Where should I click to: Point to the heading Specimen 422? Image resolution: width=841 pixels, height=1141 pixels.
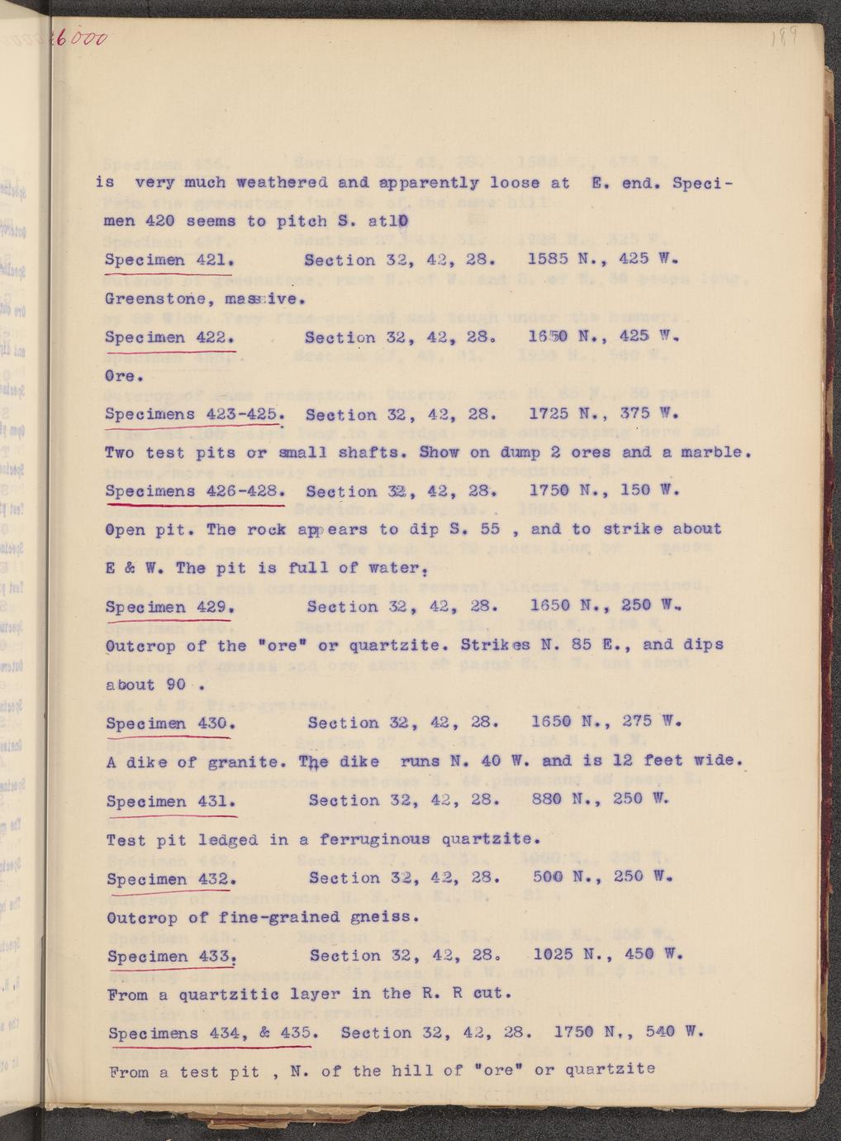170,338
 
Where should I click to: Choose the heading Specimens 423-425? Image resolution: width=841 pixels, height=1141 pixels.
195,415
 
